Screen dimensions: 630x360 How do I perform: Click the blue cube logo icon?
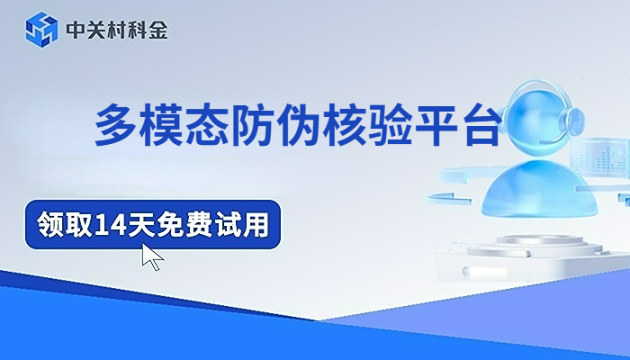click(41, 30)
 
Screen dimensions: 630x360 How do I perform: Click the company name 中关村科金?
click(117, 30)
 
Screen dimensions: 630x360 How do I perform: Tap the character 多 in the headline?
click(115, 125)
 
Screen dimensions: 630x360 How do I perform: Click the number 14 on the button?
click(110, 224)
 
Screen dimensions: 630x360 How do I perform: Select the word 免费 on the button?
click(184, 224)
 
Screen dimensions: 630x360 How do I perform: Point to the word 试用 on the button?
click(242, 224)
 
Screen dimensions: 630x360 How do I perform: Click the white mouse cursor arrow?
click(151, 257)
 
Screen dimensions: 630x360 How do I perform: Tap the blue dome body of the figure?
click(539, 188)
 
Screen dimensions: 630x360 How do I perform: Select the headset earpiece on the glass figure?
click(574, 120)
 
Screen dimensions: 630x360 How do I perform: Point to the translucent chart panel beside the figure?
click(601, 157)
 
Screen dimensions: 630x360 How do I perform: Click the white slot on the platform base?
click(485, 272)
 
